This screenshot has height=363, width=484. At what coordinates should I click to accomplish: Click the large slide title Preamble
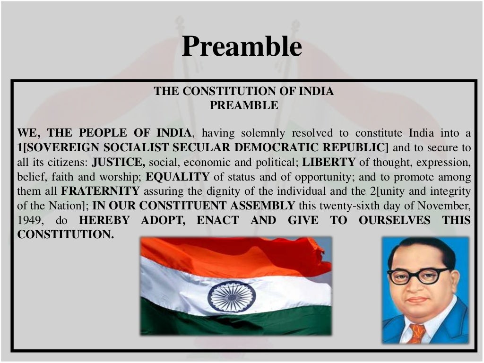point(242,47)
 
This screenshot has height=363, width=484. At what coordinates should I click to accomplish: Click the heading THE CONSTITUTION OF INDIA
point(243,91)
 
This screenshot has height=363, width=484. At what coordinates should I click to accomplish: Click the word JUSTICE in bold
point(118,162)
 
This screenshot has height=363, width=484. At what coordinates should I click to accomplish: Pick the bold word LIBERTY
point(329,162)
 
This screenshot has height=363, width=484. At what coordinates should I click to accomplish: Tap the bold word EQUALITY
point(178,177)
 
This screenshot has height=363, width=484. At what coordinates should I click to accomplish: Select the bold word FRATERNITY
point(100,191)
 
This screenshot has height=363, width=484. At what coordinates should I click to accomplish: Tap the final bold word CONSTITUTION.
point(65,235)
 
